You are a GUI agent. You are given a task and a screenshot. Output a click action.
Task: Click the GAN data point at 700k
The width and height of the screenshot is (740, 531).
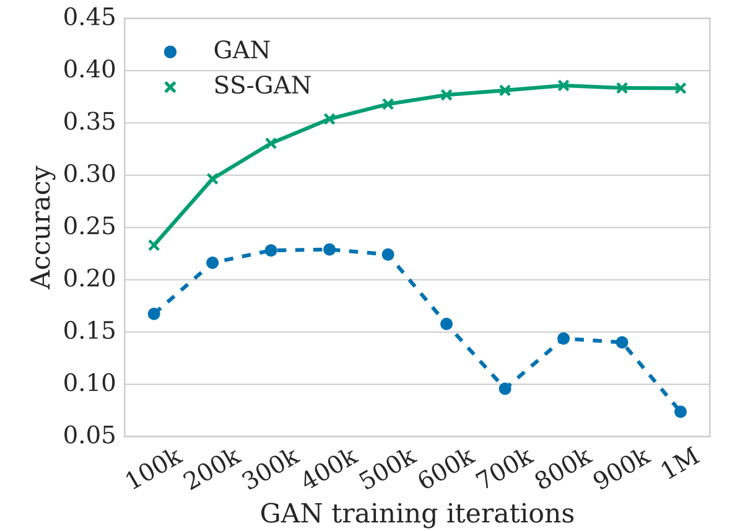(x=505, y=388)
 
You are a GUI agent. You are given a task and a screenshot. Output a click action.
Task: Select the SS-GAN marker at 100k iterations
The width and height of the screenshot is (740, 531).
(x=154, y=245)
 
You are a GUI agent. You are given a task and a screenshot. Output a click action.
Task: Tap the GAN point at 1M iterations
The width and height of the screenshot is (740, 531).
(x=680, y=411)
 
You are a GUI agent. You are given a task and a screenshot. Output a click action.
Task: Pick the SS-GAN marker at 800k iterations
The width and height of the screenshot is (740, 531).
(x=563, y=86)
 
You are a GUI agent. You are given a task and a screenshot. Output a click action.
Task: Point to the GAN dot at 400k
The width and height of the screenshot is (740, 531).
(x=329, y=249)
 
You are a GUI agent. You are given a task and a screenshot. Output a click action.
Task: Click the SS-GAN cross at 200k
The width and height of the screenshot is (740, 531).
(x=212, y=179)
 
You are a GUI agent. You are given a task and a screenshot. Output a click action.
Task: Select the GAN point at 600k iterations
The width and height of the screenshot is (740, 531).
(x=446, y=323)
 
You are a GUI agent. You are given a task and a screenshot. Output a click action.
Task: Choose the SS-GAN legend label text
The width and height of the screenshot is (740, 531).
(x=262, y=86)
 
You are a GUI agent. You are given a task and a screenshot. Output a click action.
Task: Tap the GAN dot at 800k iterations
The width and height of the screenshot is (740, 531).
(x=563, y=338)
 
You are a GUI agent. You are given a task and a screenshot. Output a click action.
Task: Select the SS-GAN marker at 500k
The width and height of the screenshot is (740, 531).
(x=388, y=104)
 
